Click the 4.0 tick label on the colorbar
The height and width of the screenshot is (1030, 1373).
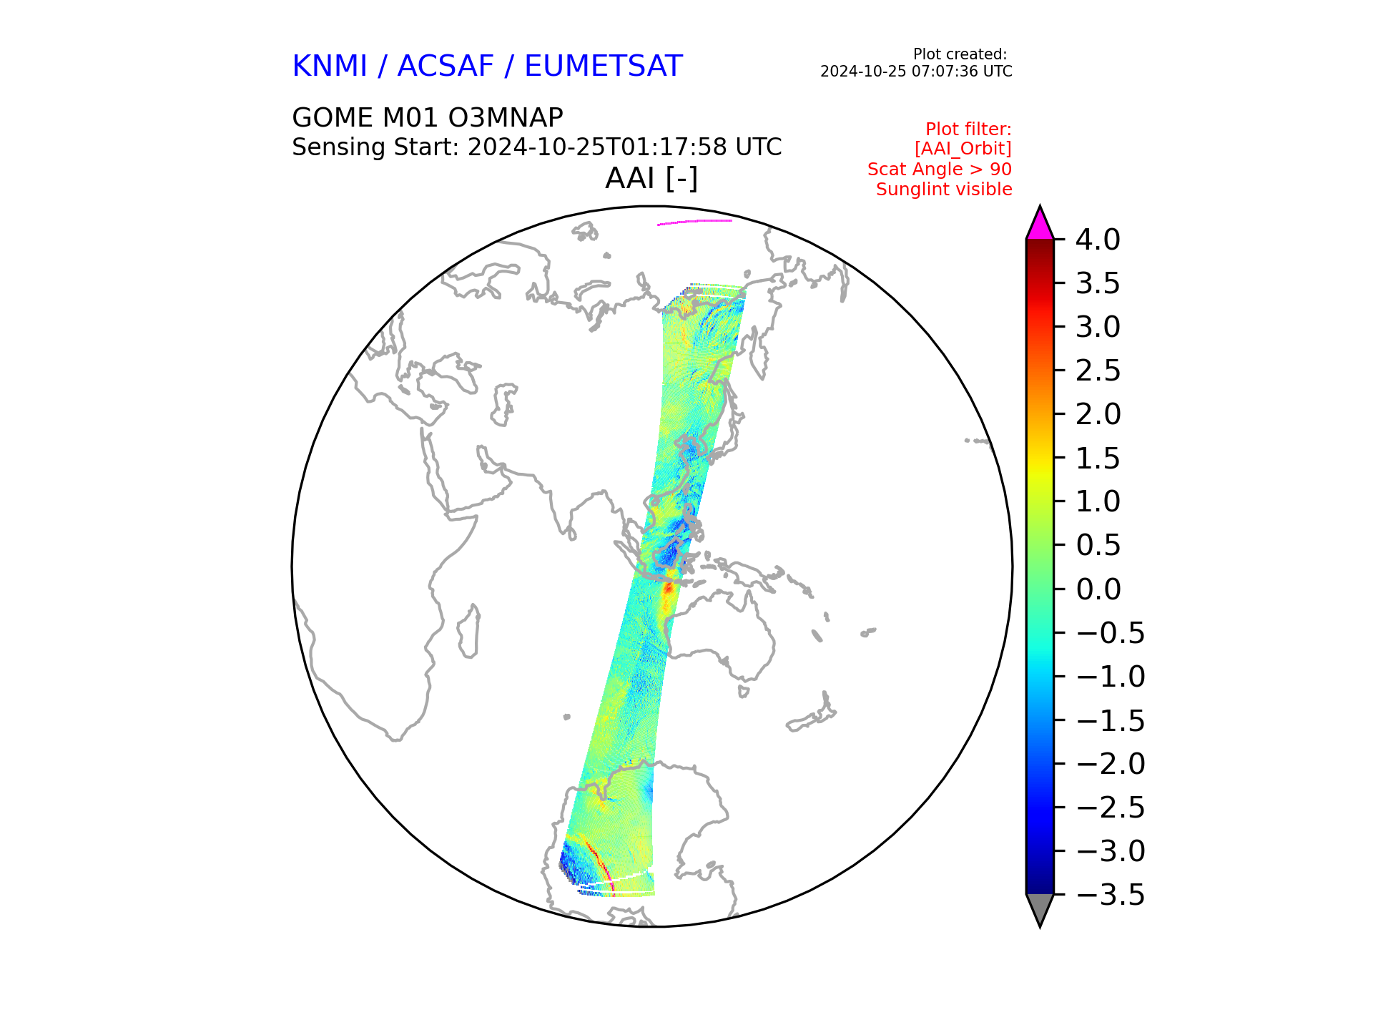tap(1098, 240)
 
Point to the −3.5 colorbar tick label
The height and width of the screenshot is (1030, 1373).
tap(1111, 895)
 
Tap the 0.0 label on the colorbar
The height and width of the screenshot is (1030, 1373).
tap(1098, 589)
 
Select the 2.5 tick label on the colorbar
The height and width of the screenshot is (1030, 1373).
tap(1098, 371)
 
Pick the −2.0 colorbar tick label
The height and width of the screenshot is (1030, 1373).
tap(1111, 764)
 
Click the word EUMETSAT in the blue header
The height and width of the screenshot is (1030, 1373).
tap(604, 67)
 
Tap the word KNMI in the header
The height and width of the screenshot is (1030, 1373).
tap(330, 67)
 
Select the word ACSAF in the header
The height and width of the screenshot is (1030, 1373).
tap(446, 67)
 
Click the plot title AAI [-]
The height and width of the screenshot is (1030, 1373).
tap(651, 178)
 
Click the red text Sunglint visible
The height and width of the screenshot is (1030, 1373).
tap(944, 190)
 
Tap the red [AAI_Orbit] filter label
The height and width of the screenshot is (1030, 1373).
tap(963, 149)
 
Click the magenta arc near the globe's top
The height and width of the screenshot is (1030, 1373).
tap(694, 222)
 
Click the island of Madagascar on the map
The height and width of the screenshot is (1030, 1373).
tap(468, 631)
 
